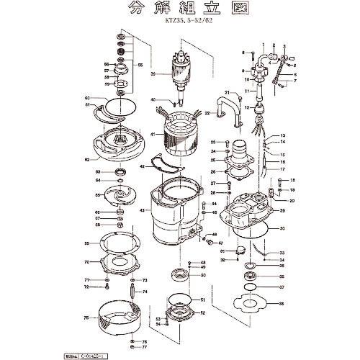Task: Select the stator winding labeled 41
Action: pyautogui.click(x=176, y=135)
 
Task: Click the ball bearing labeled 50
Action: pyautogui.click(x=179, y=274)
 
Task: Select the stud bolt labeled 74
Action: pyautogui.click(x=134, y=296)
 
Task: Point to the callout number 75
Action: pyautogui.click(x=86, y=318)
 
